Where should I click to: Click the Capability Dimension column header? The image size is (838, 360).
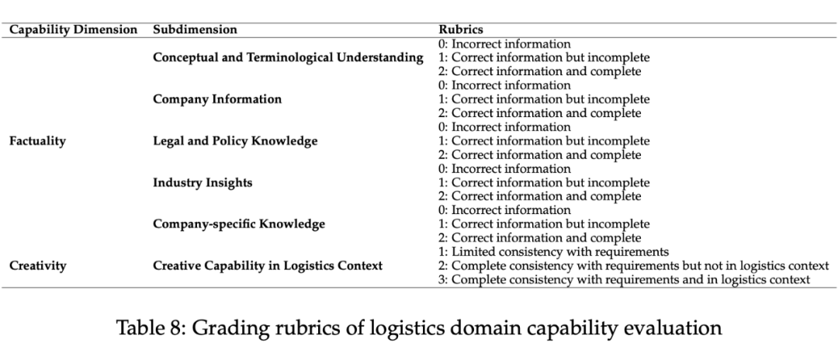coord(73,29)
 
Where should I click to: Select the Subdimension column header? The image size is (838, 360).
coord(195,29)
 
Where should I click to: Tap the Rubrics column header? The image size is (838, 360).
coord(461,29)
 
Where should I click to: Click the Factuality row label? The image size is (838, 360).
coord(37,141)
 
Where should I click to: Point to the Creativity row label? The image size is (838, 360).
coord(37,265)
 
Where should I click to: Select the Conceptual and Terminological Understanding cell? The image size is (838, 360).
coord(288,57)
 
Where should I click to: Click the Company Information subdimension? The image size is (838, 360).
coord(217,99)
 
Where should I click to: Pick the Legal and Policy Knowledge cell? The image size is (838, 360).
coord(235,141)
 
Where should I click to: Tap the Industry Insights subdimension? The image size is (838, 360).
coord(203,183)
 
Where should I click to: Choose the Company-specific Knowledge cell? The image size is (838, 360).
coord(239,224)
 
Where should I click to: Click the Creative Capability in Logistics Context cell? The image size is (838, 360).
coord(268,265)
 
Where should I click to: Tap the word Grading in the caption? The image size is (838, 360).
coord(216,328)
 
